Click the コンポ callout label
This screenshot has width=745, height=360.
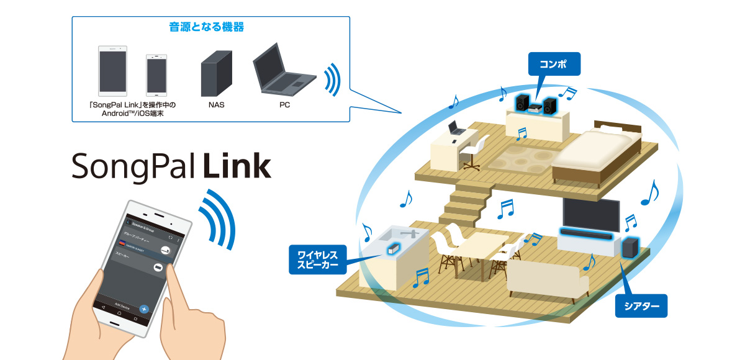pos(554,63)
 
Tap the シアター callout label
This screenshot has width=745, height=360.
pos(641,306)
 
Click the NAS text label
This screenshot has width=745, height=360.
pos(217,105)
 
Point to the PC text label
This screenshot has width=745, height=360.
pos(284,105)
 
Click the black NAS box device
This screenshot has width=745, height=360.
pos(217,72)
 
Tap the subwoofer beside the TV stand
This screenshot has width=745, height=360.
pos(630,248)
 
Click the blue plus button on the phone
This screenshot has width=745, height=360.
pos(143,308)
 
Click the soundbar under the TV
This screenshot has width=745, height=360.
pos(587,235)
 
